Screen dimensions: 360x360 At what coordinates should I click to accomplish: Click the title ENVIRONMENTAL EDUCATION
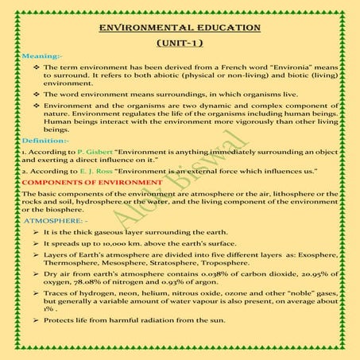pyautogui.click(x=180, y=28)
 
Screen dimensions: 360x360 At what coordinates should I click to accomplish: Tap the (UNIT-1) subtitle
pyautogui.click(x=180, y=45)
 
